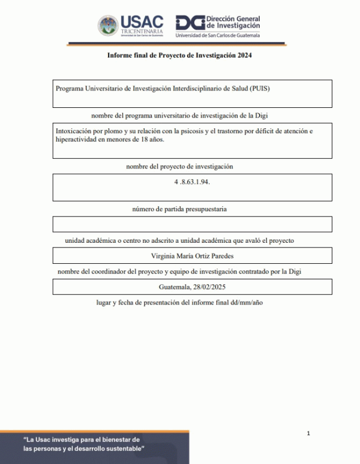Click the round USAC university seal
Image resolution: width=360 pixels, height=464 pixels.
click(x=109, y=26)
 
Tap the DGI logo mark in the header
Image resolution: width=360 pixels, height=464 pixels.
click(x=190, y=23)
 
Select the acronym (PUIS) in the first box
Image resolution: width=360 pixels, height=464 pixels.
click(x=259, y=88)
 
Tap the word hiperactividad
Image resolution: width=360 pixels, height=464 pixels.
click(x=75, y=139)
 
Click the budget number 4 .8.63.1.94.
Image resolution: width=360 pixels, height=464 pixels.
click(x=192, y=180)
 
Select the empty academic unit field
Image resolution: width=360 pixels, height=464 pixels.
click(x=192, y=224)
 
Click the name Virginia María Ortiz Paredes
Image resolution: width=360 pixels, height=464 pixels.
click(x=192, y=256)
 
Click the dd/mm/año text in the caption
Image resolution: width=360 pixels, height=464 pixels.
click(x=246, y=303)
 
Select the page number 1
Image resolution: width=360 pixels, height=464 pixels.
click(x=308, y=433)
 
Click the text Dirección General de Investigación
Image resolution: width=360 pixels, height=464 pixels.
click(x=233, y=22)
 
